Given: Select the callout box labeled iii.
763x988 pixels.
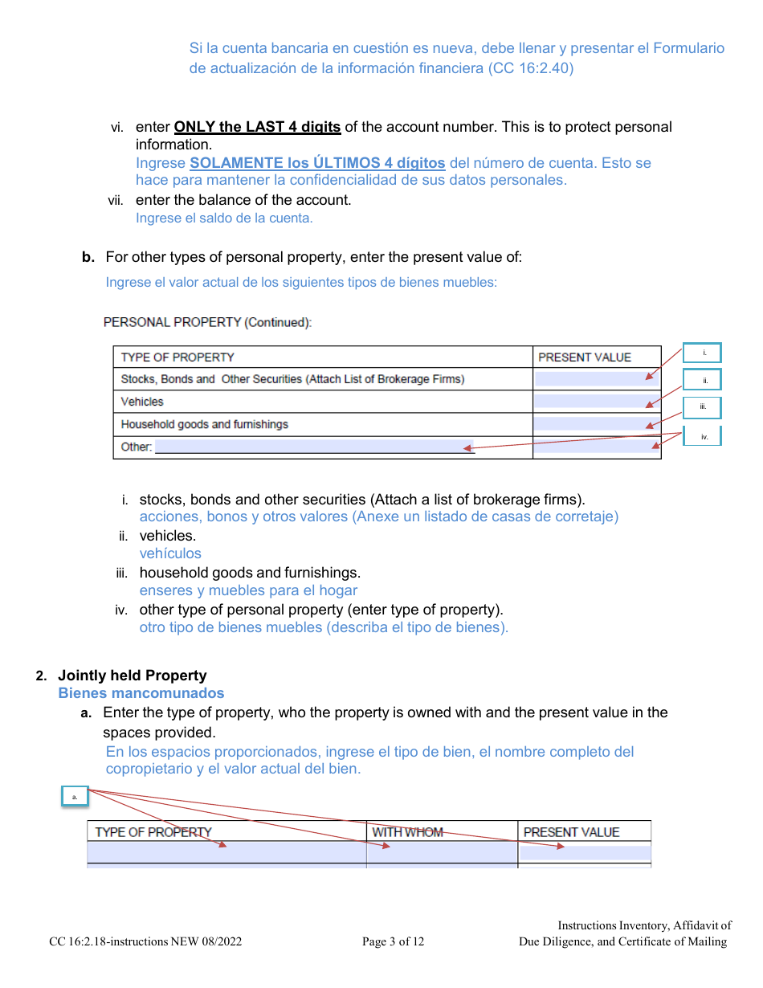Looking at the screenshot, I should (702, 407).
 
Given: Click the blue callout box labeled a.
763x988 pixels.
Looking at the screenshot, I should (75, 796).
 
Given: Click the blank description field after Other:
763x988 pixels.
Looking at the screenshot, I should (314, 447).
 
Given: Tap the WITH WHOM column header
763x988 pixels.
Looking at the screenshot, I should (407, 832).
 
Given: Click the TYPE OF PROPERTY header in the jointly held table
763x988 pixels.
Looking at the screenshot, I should (153, 832).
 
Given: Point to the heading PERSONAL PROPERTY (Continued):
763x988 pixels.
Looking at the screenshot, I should (207, 322).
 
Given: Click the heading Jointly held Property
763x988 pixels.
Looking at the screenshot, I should (132, 676).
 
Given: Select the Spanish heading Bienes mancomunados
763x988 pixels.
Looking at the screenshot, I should (141, 693).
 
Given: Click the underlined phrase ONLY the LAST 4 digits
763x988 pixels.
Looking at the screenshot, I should (257, 127).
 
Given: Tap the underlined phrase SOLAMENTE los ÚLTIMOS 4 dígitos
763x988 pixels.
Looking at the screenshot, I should (317, 163).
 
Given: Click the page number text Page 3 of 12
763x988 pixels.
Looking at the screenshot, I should (393, 941).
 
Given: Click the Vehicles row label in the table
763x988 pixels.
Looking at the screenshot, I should (142, 402).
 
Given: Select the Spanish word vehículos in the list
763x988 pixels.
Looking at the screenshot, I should (170, 553).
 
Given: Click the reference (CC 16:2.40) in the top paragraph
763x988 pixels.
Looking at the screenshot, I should (531, 68).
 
